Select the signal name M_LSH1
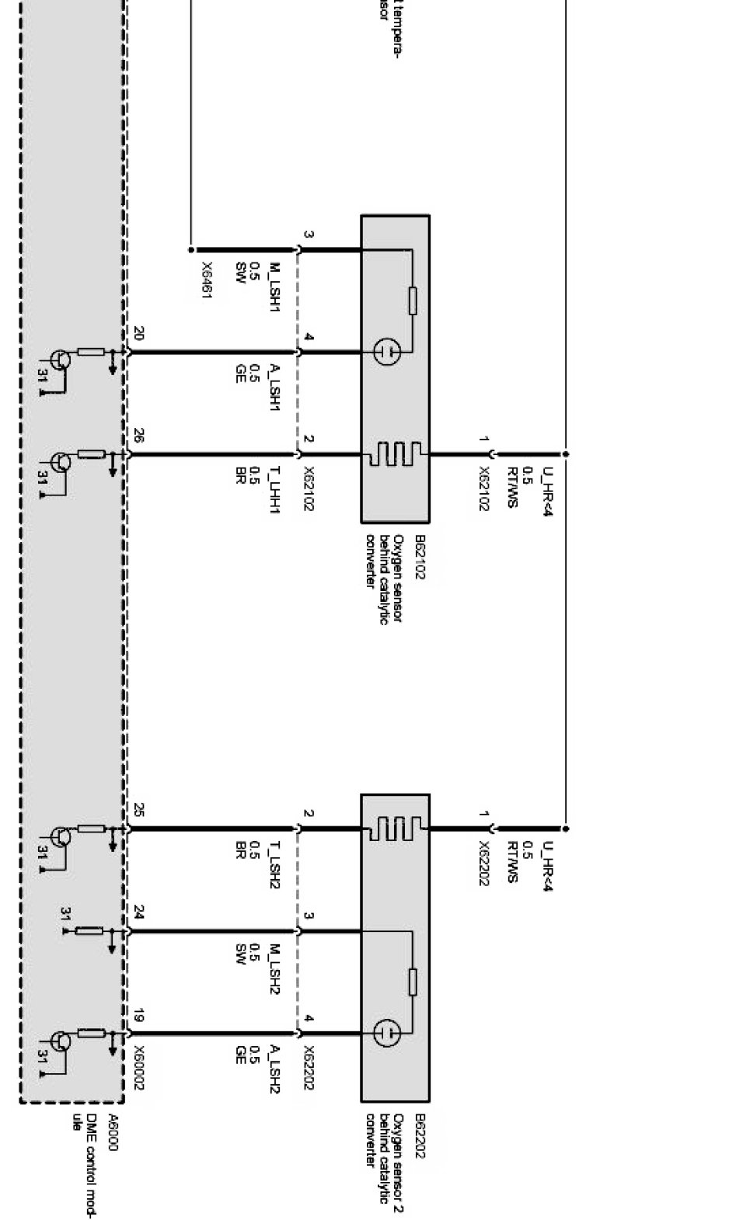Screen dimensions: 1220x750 point(274,287)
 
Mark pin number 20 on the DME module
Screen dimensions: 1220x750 point(138,334)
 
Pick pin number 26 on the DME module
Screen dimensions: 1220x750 point(138,436)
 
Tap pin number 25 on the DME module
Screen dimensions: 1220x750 point(138,811)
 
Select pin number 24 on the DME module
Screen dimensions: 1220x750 point(138,912)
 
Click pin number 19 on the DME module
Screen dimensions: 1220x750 point(138,1016)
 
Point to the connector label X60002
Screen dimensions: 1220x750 point(139,1068)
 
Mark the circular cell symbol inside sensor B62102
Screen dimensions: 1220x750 point(386,352)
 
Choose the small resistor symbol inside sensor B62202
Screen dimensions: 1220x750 point(413,982)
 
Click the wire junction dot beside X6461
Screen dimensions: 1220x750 point(191,250)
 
